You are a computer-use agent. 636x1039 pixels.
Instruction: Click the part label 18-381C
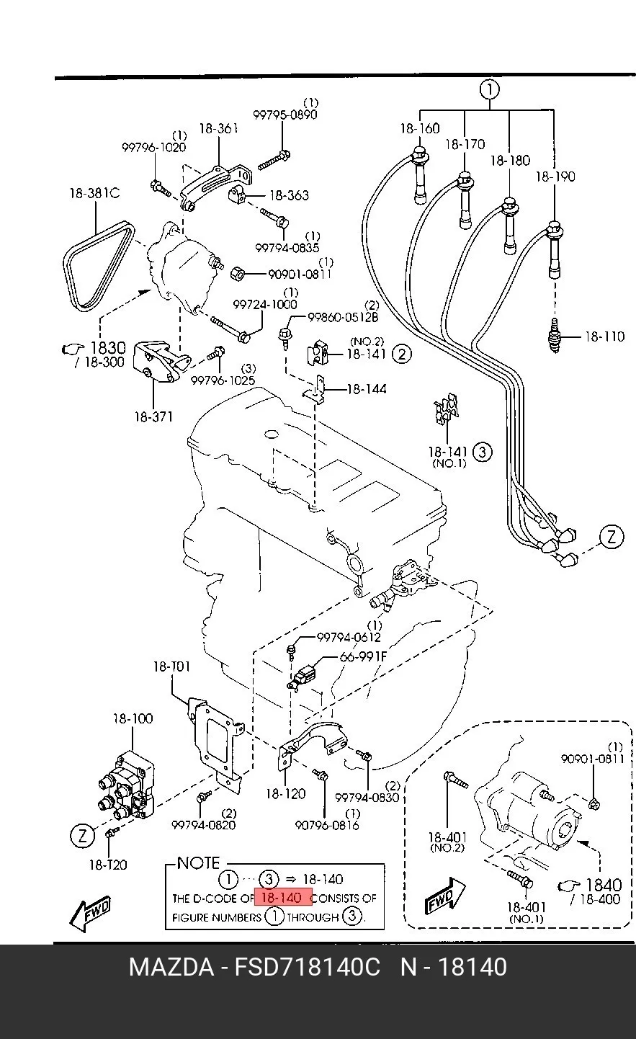click(x=94, y=192)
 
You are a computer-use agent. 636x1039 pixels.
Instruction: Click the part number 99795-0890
click(x=285, y=115)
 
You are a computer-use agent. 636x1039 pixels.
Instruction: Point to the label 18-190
click(x=555, y=177)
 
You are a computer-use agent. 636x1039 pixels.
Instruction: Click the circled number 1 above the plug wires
click(x=490, y=89)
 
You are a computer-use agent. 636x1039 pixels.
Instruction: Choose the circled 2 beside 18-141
click(x=402, y=354)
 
